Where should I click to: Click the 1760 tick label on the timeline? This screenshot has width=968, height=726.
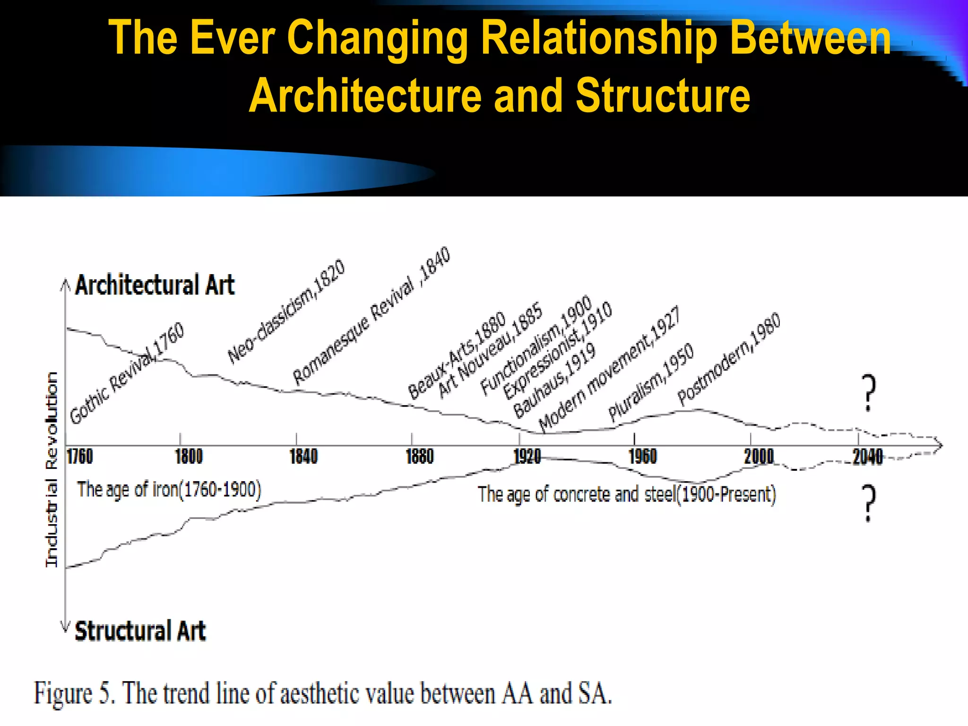tap(80, 457)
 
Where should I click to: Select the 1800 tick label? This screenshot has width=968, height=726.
tap(189, 457)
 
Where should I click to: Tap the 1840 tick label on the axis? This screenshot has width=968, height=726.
tap(303, 457)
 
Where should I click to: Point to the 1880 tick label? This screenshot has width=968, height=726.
tap(420, 457)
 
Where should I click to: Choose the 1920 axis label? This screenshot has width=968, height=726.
tap(527, 457)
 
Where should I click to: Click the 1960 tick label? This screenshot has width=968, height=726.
tap(643, 457)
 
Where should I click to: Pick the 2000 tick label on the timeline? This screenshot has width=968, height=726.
tap(759, 457)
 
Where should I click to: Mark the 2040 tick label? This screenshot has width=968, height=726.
tap(867, 457)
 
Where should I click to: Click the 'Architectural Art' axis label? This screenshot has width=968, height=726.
tap(155, 285)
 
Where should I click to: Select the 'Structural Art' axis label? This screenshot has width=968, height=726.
tap(140, 631)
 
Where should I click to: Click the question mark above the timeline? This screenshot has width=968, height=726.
tap(869, 393)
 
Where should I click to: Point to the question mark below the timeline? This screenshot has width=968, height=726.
tap(869, 503)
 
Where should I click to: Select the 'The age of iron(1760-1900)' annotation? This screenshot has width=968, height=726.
tap(169, 490)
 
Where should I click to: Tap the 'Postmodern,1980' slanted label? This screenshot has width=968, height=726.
tap(729, 359)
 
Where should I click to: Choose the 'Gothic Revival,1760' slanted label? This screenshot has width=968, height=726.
tap(127, 373)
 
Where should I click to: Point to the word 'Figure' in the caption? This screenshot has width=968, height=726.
tap(63, 694)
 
